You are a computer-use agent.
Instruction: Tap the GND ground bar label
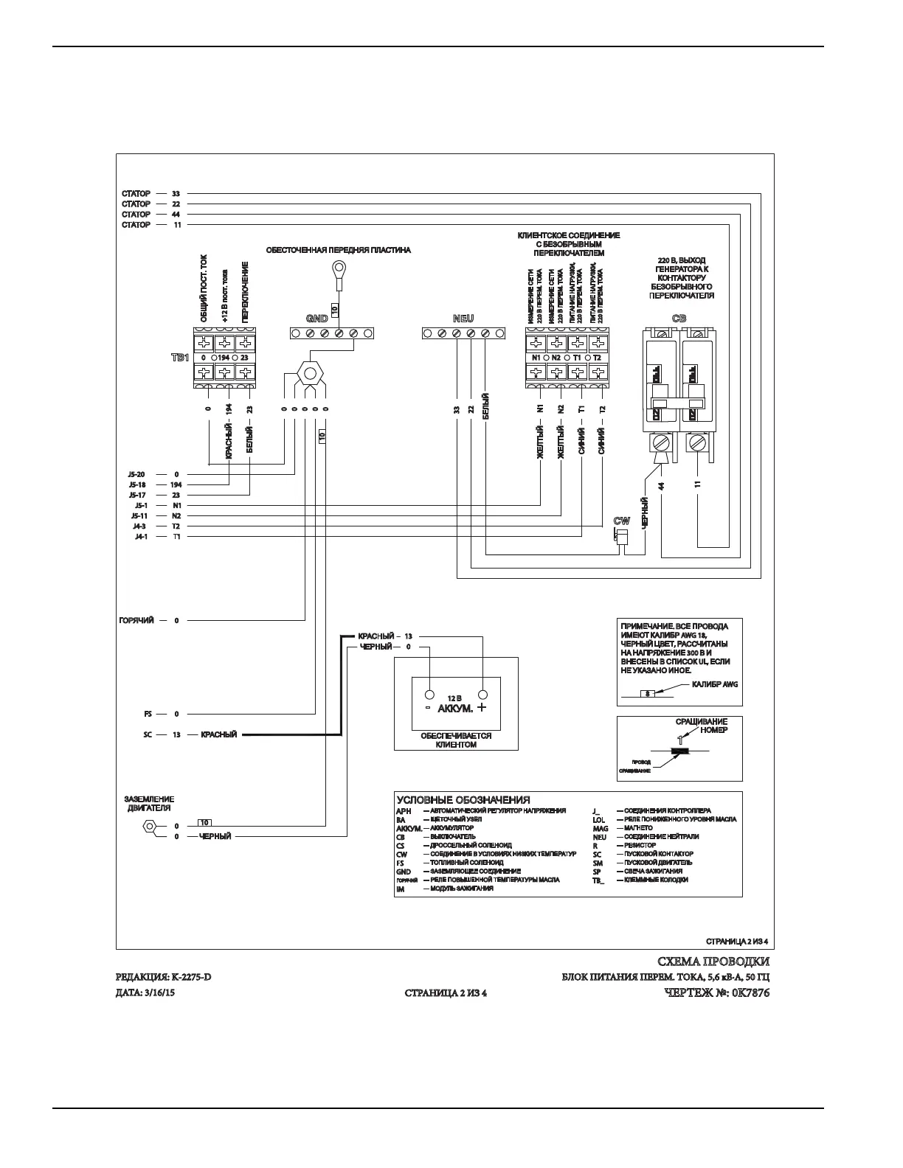tap(317, 319)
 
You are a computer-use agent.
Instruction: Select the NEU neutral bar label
tap(463, 319)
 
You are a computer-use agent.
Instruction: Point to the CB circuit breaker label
tap(679, 319)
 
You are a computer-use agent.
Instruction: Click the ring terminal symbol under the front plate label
tap(339, 267)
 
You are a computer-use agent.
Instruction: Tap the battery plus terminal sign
tap(482, 708)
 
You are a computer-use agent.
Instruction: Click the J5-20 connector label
tap(138, 474)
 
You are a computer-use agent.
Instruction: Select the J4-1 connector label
tap(139, 537)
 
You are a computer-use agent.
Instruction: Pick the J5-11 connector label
tap(138, 516)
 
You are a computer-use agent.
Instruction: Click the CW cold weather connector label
tap(622, 521)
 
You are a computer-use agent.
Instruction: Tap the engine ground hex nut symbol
tap(150, 827)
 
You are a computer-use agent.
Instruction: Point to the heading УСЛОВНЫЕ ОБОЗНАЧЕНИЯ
tap(463, 800)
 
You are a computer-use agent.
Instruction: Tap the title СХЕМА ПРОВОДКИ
tap(713, 962)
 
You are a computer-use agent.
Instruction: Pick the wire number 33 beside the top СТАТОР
tap(176, 193)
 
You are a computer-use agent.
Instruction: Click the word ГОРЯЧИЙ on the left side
tap(136, 621)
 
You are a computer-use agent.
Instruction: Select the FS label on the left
tap(148, 714)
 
